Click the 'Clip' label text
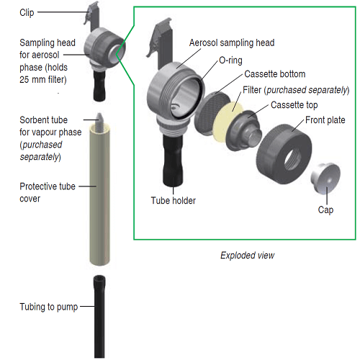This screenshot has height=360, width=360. pos(27,13)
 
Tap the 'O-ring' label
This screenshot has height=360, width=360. pos(230,60)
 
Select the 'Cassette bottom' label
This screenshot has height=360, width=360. pos(275,74)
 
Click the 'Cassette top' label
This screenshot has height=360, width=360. pos(294,105)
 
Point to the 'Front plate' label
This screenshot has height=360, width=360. pos(325,120)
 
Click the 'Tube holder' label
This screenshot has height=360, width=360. pos(174,200)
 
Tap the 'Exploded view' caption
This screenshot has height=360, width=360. pos(248,255)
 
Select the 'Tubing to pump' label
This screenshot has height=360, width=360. pos(49,307)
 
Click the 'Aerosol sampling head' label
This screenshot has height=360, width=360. pos(232,42)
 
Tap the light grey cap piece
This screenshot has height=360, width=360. pos(325,178)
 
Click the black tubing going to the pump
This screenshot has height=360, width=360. pos(99,317)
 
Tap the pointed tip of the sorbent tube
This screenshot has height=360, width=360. pos(99,114)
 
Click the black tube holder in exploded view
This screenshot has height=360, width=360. pos(173,161)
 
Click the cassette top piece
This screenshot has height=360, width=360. pos(243,131)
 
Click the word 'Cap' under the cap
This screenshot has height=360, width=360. pos(325,210)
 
